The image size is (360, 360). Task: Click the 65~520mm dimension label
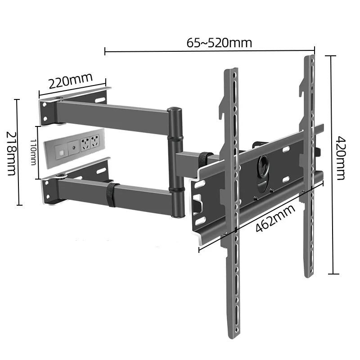(219, 43)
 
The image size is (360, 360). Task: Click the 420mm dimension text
(341, 158)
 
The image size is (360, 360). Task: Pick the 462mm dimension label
(275, 218)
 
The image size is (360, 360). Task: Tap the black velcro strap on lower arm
(110, 194)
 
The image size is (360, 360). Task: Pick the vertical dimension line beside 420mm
(332, 164)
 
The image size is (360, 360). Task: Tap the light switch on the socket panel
(59, 147)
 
